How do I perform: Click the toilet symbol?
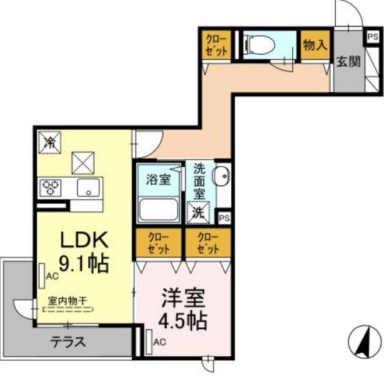(259, 43)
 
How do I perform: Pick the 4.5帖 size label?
(184, 321)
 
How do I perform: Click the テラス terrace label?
(69, 342)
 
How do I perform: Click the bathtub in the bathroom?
(159, 209)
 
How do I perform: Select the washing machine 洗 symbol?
(199, 212)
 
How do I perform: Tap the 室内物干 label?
(67, 300)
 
